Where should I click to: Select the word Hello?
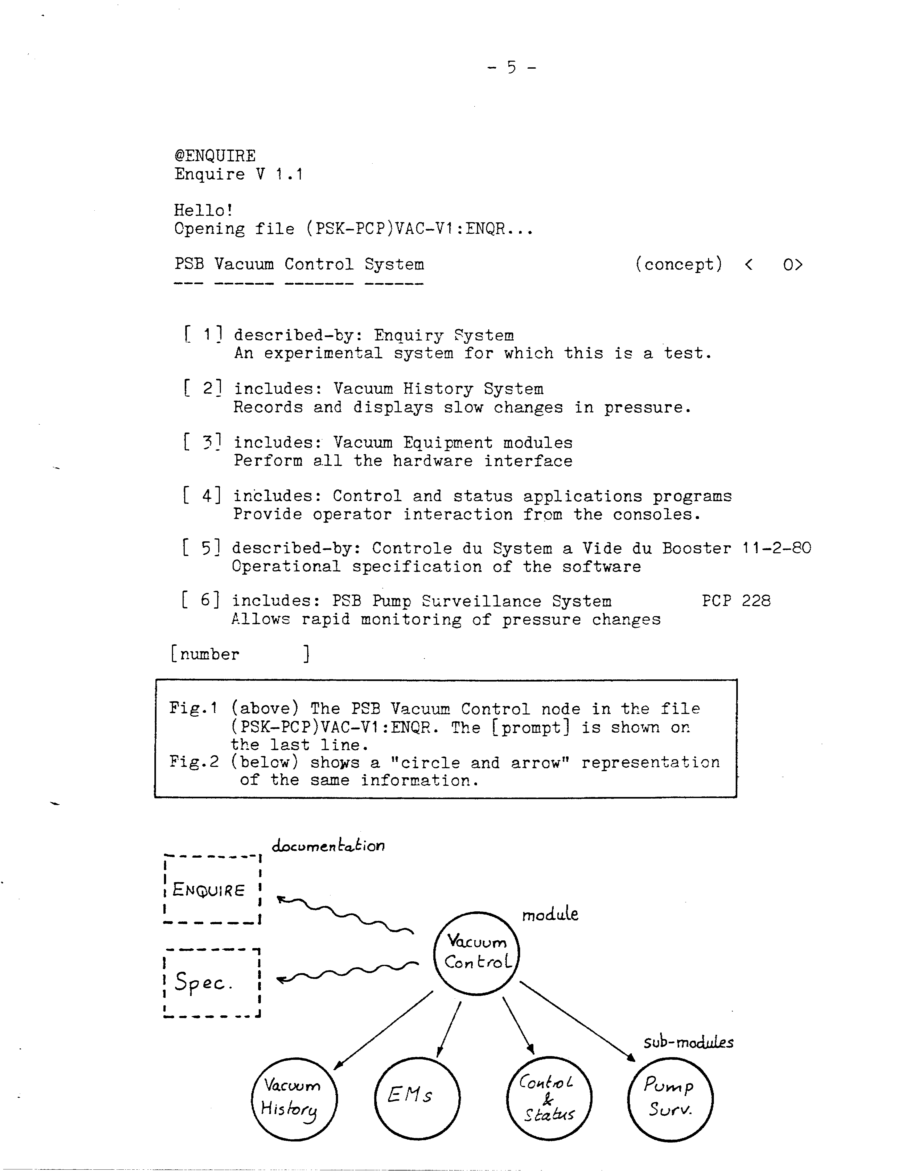(x=203, y=210)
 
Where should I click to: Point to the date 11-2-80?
(x=776, y=548)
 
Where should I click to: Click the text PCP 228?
(x=736, y=600)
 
